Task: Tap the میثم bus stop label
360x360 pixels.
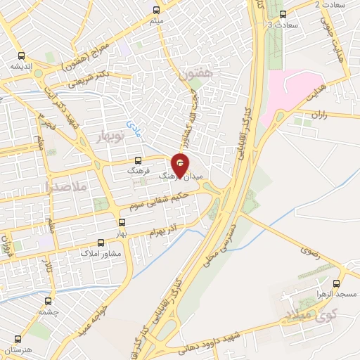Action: click(x=157, y=22)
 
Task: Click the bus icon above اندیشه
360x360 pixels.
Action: click(x=22, y=55)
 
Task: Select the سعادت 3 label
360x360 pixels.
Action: click(x=283, y=25)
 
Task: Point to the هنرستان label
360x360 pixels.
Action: click(x=19, y=349)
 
